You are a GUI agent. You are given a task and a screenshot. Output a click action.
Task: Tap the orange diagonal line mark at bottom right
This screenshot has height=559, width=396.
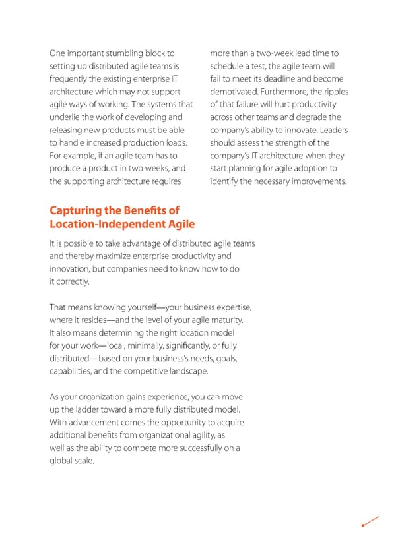click(x=371, y=521)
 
